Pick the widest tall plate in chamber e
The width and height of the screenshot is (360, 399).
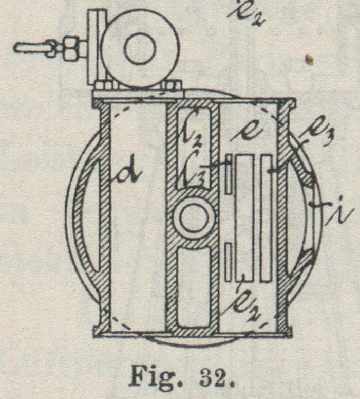pos(244,216)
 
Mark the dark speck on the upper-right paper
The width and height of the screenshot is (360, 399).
pos(310,60)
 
